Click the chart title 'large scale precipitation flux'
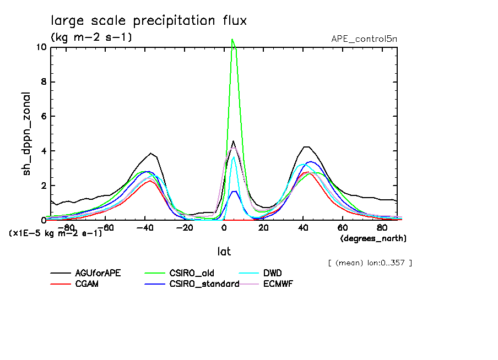149,20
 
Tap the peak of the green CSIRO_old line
232,39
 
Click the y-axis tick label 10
40,47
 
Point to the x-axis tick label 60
342,226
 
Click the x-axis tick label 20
263,226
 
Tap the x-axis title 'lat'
223,251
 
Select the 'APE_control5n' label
364,39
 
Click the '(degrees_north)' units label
373,238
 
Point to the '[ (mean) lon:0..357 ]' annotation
370,263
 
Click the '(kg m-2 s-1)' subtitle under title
91,37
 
